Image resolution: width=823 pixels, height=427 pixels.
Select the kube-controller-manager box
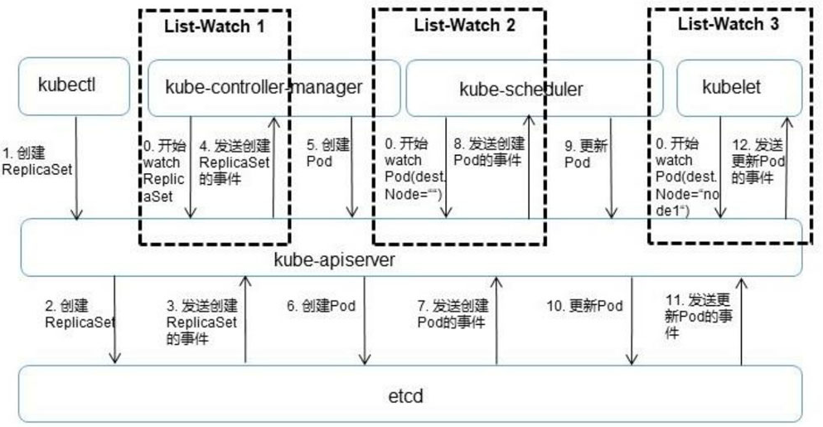point(264,87)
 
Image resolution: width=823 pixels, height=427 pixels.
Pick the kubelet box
point(738,87)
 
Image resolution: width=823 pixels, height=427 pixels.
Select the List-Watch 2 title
point(464,25)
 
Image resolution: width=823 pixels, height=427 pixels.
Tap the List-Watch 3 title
point(728,24)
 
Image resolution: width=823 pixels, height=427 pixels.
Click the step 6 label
point(321,306)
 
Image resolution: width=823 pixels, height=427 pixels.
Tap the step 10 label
point(584,306)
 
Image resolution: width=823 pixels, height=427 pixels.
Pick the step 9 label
point(585,154)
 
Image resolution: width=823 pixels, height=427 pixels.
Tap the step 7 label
point(453,313)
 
